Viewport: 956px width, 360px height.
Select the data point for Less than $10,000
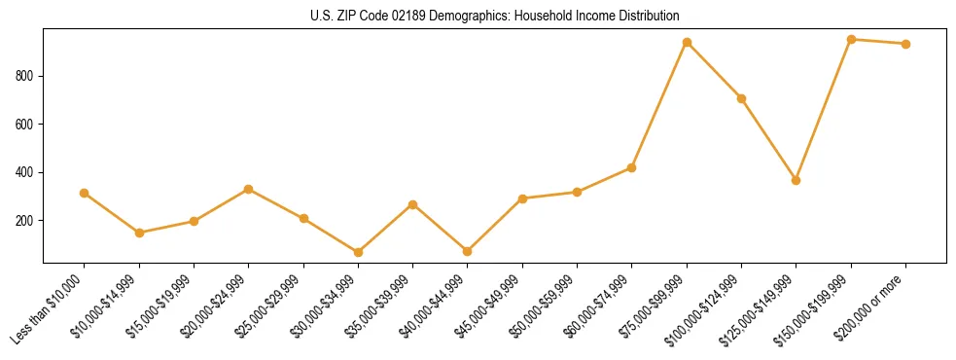click(x=85, y=193)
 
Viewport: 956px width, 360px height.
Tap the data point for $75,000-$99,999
click(x=687, y=42)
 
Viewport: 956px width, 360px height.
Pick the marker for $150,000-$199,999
click(x=851, y=39)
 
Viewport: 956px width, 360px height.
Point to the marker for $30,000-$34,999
click(x=358, y=252)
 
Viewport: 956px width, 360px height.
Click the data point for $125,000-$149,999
click(x=797, y=180)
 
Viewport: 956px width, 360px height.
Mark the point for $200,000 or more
click(x=905, y=44)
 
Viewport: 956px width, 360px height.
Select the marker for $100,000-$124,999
click(x=741, y=98)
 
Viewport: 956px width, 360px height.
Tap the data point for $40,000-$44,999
click(x=468, y=251)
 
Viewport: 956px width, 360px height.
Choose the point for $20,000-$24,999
click(x=249, y=189)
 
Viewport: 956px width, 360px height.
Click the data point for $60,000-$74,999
click(x=632, y=167)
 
